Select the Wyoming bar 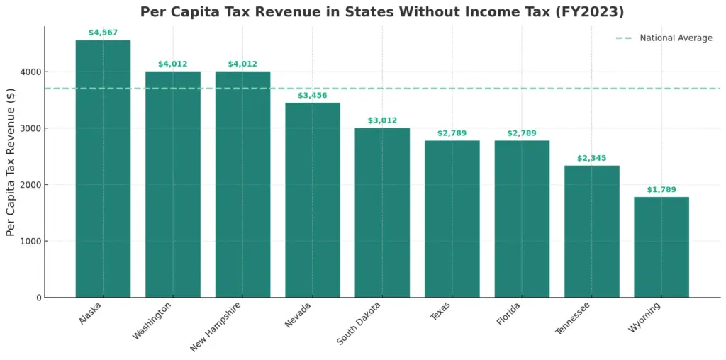[x=661, y=247]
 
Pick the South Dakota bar [x=382, y=213]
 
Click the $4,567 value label [x=103, y=33]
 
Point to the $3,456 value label [x=312, y=95]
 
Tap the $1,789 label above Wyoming [x=661, y=189]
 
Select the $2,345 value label [x=591, y=158]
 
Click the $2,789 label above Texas [x=452, y=133]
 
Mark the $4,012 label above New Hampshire [x=242, y=64]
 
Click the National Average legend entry [x=675, y=38]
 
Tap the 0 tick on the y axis [x=37, y=298]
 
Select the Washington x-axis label [x=152, y=320]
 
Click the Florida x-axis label [x=509, y=313]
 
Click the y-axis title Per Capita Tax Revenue [x=11, y=162]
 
